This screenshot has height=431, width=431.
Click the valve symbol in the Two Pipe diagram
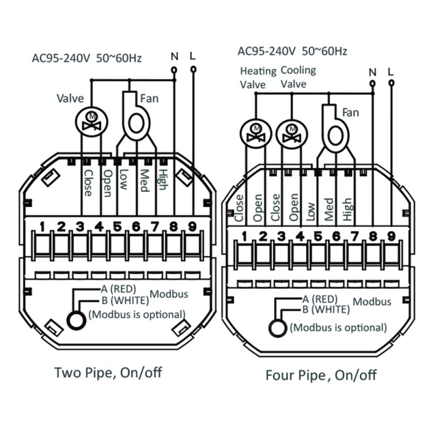click(x=92, y=122)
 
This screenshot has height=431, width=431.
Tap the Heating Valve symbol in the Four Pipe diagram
click(x=256, y=134)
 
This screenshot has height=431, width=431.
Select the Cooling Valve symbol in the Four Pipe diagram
click(x=291, y=134)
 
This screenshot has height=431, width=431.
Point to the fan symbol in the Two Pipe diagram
click(x=136, y=116)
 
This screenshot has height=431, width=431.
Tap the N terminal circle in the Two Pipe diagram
click(x=174, y=70)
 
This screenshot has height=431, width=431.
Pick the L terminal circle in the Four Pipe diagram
click(x=392, y=83)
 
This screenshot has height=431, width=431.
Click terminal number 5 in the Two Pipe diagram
click(x=117, y=227)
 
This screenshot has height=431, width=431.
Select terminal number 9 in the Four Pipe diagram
click(x=391, y=237)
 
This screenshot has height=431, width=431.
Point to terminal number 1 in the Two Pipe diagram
click(x=42, y=227)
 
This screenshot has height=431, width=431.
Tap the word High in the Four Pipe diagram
click(x=347, y=209)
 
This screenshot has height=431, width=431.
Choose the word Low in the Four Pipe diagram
click(x=311, y=212)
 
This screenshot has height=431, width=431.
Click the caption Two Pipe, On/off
click(x=108, y=373)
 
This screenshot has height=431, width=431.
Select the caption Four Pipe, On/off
click(x=321, y=375)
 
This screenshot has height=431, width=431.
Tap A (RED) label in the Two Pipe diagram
click(x=119, y=289)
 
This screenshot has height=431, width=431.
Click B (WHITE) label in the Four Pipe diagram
click(x=326, y=310)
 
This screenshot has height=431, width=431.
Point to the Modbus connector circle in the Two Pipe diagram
click(x=77, y=321)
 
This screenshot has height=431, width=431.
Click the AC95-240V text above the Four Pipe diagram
click(x=266, y=51)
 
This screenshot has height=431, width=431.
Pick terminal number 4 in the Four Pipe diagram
click(x=300, y=237)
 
